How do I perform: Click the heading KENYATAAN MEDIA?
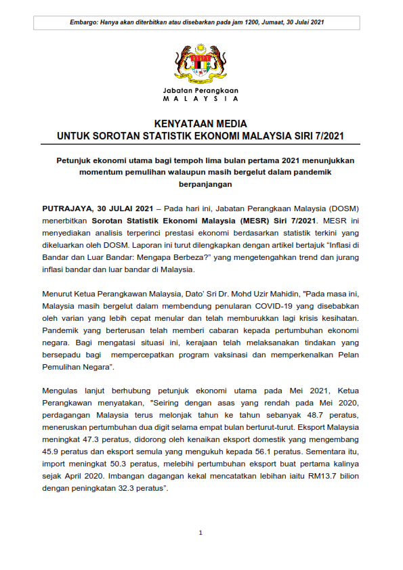(200, 124)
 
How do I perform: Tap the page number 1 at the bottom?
(200, 533)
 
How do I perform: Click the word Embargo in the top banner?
(83, 22)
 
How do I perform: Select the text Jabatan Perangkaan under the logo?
(200, 90)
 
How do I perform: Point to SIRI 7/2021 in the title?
(320, 136)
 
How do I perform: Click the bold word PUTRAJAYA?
(66, 208)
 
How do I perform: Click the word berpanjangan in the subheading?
(200, 184)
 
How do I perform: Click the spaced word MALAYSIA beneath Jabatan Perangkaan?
(200, 99)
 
